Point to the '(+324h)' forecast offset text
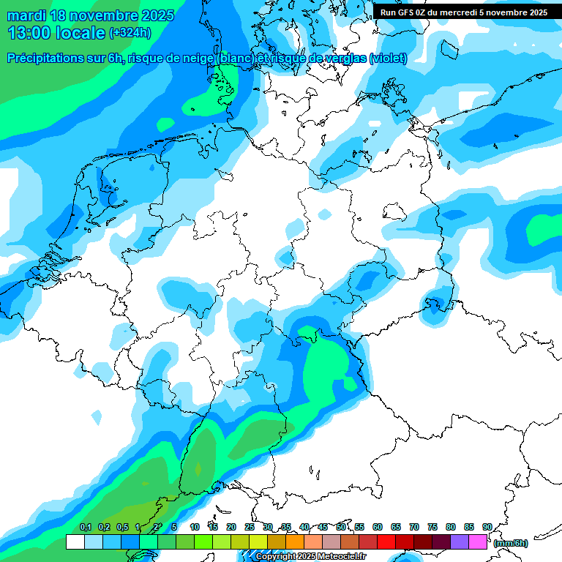click(x=130, y=33)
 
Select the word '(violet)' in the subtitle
click(x=389, y=59)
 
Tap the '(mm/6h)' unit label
click(x=511, y=543)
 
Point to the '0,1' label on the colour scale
click(x=86, y=527)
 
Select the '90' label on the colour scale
click(x=487, y=527)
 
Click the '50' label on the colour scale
click(x=341, y=527)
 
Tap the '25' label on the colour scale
click(x=250, y=527)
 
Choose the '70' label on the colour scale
click(x=414, y=527)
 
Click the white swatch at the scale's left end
click(x=75, y=542)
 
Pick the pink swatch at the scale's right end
click(x=478, y=542)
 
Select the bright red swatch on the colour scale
click(x=386, y=542)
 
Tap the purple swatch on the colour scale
click(x=460, y=542)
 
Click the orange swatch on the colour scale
click(x=295, y=542)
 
